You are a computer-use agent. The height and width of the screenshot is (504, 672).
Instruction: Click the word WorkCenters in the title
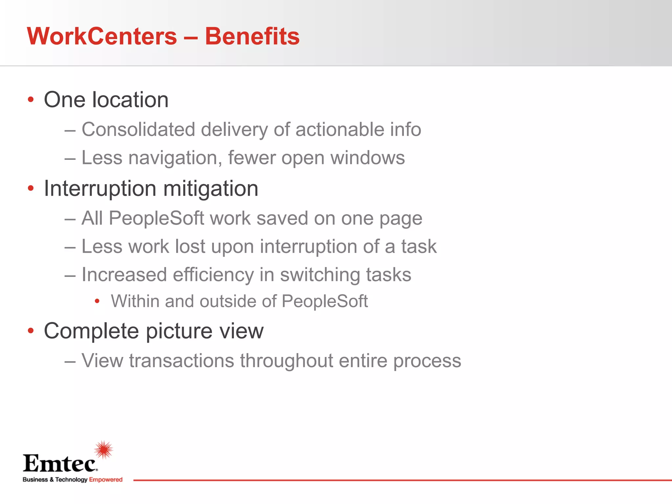pos(102,36)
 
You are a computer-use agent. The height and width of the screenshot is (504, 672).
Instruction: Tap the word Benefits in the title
pos(252,36)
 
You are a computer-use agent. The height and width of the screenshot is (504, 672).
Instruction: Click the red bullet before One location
pos(31,99)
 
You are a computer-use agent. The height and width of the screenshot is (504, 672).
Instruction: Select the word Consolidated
pos(138,129)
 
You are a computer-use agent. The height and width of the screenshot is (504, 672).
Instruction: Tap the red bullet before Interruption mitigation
pos(31,188)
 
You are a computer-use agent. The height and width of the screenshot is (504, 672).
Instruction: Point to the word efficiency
pos(213,275)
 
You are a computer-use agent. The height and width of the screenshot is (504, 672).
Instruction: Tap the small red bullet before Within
pos(97,301)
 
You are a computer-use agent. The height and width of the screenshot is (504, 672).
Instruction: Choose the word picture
pos(179,331)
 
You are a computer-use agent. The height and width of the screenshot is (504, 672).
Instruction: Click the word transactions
pos(181,361)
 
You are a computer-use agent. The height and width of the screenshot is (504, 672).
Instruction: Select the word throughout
pos(286,361)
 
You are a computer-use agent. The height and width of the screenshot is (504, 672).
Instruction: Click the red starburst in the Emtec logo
pos(104,450)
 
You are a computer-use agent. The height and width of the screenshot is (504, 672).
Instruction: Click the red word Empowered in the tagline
pos(106,480)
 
